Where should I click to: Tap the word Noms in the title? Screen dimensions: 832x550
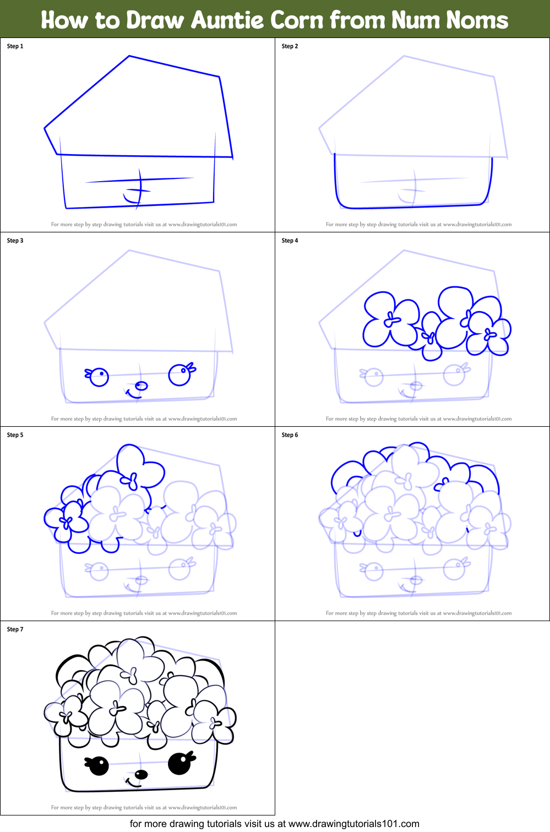tap(477, 20)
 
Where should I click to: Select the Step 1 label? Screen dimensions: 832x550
tap(15, 46)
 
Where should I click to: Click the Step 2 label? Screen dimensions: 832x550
tap(290, 46)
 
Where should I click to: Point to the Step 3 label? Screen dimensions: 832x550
tap(15, 241)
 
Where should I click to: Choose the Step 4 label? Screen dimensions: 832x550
tap(290, 241)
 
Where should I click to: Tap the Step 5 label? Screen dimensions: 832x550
tap(15, 435)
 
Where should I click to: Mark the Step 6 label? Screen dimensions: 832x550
tap(290, 435)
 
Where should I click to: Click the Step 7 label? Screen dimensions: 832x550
tap(15, 629)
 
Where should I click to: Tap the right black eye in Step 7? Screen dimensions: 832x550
tap(179, 763)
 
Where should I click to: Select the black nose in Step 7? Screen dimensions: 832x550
tap(141, 775)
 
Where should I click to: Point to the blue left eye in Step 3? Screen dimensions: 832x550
tap(99, 377)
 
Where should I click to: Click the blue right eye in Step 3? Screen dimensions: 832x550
tap(179, 375)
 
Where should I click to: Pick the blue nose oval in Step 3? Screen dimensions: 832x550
tap(141, 385)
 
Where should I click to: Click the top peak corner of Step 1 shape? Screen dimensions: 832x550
tap(129, 56)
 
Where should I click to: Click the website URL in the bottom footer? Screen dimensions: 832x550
tap(353, 824)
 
